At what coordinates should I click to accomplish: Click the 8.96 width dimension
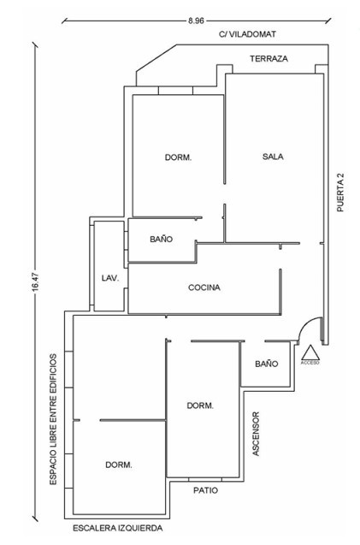(x=196, y=21)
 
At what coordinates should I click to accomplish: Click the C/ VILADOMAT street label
(x=247, y=34)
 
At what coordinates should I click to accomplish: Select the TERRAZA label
(x=269, y=59)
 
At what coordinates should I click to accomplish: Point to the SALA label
(x=273, y=157)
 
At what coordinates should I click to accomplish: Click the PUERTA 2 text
(x=340, y=193)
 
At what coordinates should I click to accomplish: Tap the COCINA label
(x=204, y=287)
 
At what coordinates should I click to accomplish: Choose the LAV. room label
(x=110, y=278)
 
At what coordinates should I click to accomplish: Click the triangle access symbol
(x=310, y=352)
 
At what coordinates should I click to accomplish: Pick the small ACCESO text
(x=310, y=363)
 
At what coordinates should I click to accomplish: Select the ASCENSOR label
(x=256, y=434)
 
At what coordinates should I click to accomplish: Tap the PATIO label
(x=206, y=490)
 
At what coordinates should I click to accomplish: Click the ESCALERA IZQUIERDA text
(x=117, y=529)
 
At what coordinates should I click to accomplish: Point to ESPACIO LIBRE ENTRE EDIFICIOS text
(x=53, y=419)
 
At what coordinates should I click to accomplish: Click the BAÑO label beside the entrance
(x=267, y=364)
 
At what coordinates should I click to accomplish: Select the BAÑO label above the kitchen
(x=162, y=240)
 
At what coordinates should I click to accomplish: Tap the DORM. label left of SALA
(x=178, y=157)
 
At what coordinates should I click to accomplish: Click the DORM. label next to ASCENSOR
(x=200, y=406)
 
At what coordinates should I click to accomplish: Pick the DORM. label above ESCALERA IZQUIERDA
(x=119, y=465)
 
